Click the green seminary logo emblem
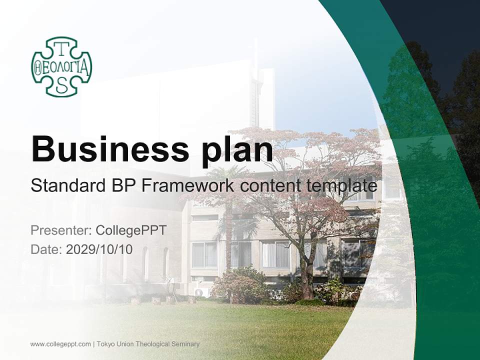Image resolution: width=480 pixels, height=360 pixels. [x=61, y=66]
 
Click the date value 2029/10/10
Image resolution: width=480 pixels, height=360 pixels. [x=99, y=249]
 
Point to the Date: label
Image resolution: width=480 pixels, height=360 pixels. [x=46, y=249]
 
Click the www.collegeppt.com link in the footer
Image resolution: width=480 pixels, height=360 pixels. [x=60, y=344]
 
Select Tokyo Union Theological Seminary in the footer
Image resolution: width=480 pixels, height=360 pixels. [x=148, y=344]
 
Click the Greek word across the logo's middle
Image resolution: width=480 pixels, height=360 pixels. [x=61, y=67]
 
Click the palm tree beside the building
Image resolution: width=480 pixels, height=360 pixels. [x=228, y=220]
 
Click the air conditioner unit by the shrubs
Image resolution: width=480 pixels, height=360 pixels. [x=199, y=292]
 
